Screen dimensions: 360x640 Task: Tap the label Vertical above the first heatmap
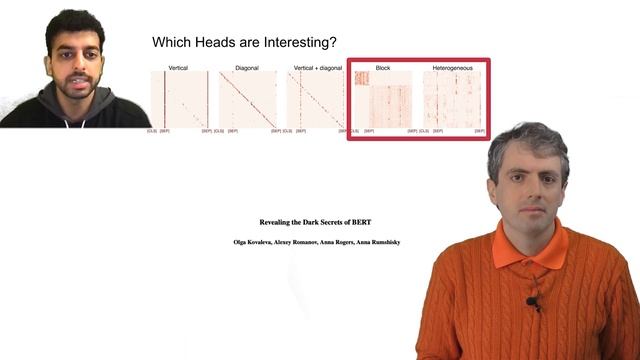[x=178, y=67]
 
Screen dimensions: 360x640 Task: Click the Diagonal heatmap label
[x=247, y=67]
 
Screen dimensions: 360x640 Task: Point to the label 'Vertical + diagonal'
[x=314, y=67]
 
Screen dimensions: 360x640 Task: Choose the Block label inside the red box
[x=383, y=67]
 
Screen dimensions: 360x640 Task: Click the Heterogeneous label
[x=453, y=67]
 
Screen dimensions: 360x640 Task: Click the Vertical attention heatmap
[x=178, y=99]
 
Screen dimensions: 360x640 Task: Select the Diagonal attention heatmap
[x=247, y=99]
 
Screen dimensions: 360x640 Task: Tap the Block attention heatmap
[x=384, y=99]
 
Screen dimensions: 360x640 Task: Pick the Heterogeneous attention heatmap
[x=453, y=99]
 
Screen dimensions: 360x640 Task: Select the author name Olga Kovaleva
[x=254, y=242]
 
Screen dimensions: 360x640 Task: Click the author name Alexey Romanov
[x=297, y=242]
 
